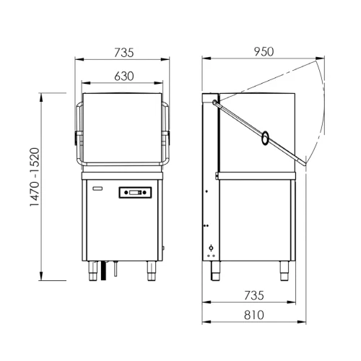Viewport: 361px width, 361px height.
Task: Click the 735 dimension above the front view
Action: (x=124, y=52)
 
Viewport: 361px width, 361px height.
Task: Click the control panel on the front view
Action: (x=137, y=192)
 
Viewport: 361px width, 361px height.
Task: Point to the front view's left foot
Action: (x=94, y=274)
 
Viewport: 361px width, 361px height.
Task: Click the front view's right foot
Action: (x=153, y=274)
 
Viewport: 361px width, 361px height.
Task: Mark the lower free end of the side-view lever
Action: (x=304, y=162)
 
